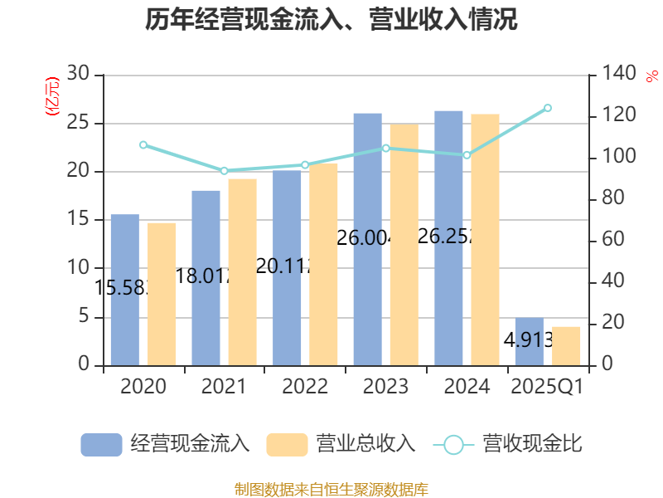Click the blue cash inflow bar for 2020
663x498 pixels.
[x=124, y=290]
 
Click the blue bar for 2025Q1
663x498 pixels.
[x=529, y=341]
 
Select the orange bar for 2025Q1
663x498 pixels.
[x=566, y=345]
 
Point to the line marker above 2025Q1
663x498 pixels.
[x=548, y=108]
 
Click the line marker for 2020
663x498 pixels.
[x=143, y=145]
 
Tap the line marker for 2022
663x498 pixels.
[x=305, y=164]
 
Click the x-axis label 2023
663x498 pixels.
[x=385, y=387]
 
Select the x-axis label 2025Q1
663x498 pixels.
[x=548, y=387]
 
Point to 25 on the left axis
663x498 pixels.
[x=79, y=123]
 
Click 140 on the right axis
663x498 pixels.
[x=619, y=75]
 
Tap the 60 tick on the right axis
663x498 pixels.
[x=614, y=240]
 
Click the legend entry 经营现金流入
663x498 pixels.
[x=165, y=444]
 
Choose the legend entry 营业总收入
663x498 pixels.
[x=341, y=444]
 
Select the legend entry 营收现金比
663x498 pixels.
[x=507, y=444]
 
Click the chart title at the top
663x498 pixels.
[x=331, y=21]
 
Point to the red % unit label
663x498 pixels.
[x=651, y=76]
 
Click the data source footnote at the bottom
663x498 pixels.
[x=331, y=489]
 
